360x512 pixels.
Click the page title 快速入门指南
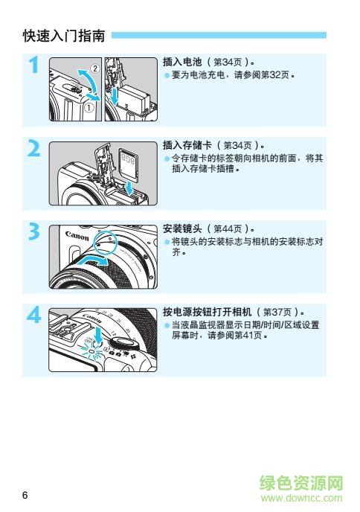[x=65, y=35]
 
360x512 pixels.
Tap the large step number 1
[x=33, y=66]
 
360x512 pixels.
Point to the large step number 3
[x=33, y=233]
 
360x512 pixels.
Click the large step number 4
[x=33, y=317]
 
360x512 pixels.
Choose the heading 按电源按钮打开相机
[x=205, y=312]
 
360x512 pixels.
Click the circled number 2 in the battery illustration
[x=91, y=68]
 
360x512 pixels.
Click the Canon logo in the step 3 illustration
[x=77, y=235]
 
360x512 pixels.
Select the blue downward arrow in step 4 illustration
[x=98, y=339]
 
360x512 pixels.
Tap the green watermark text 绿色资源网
[x=301, y=484]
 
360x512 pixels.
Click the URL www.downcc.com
[x=301, y=500]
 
